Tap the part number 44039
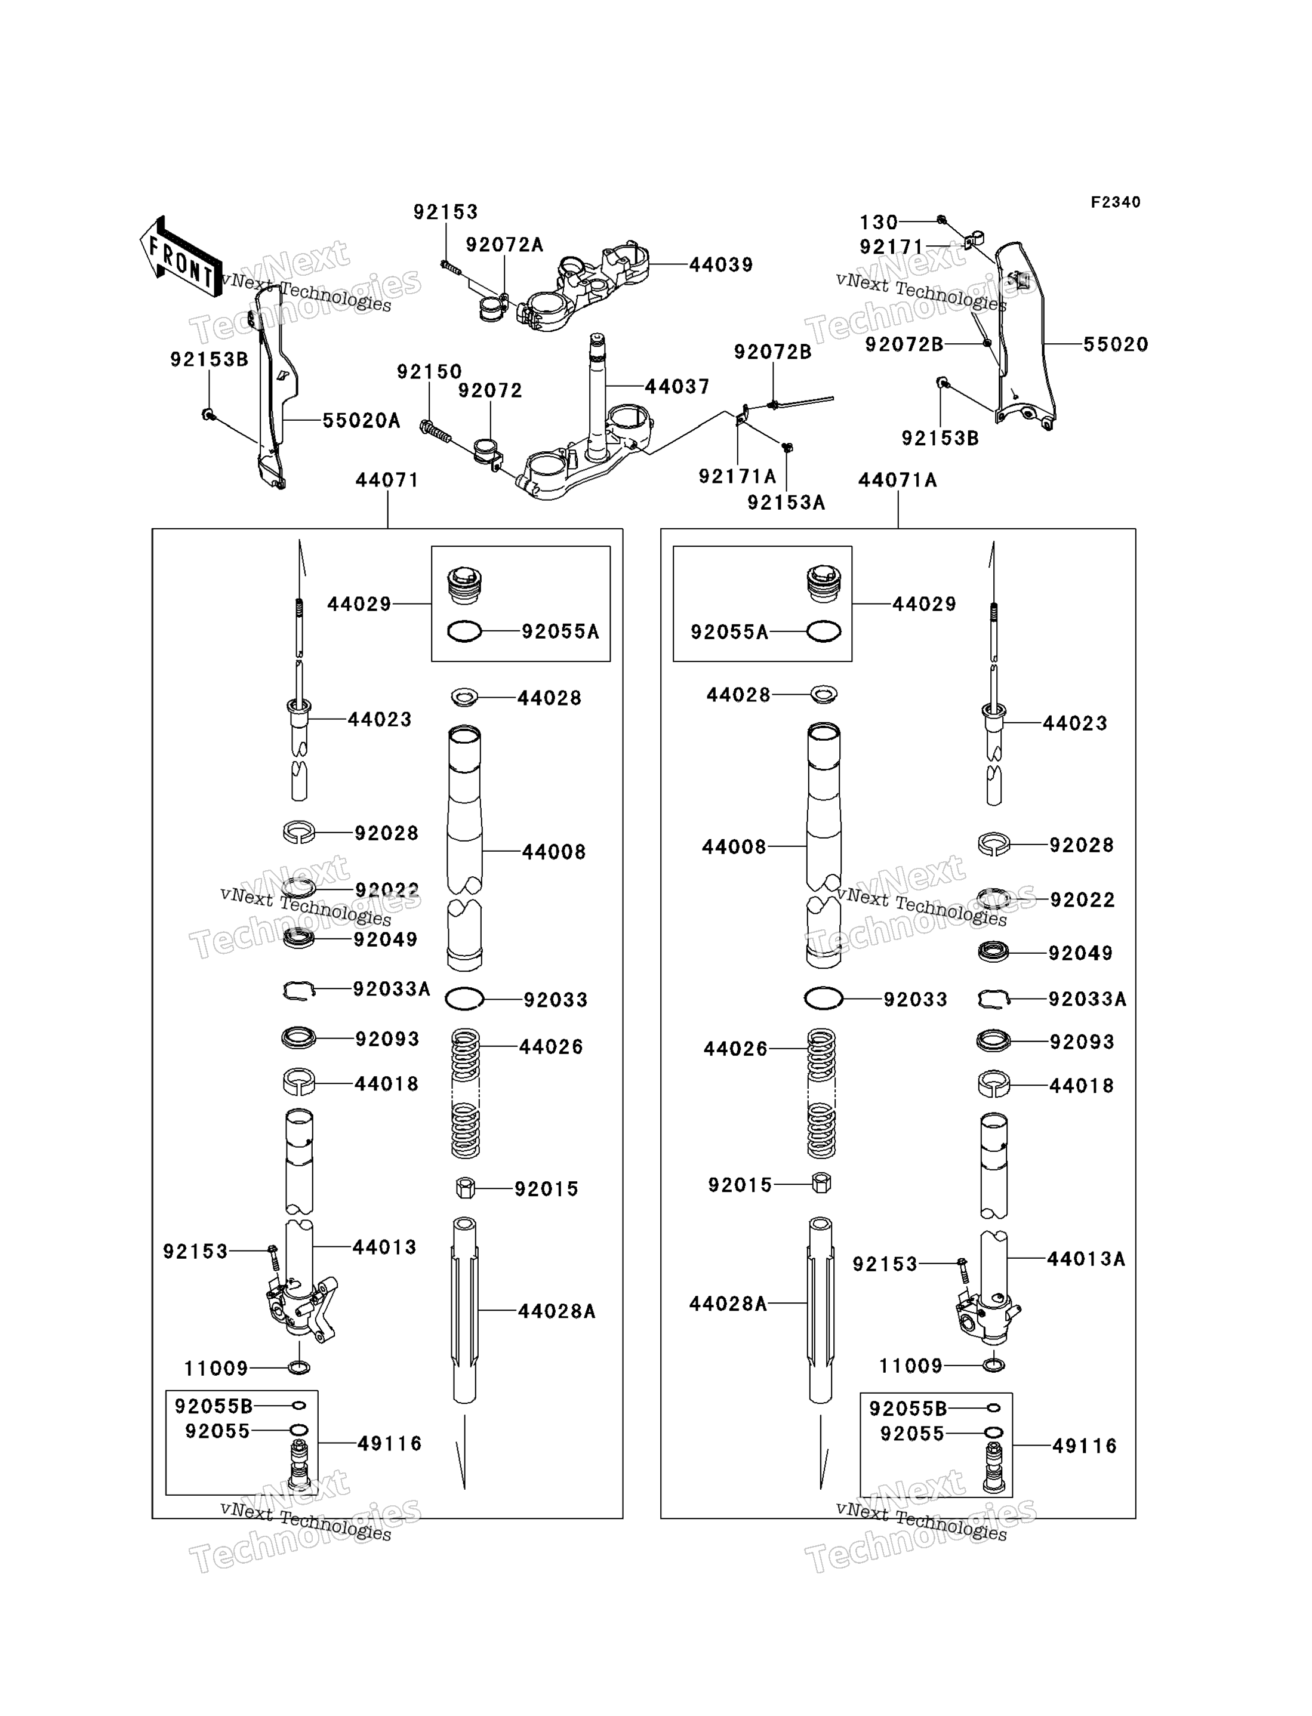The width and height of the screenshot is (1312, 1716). (721, 264)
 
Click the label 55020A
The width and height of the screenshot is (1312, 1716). (362, 421)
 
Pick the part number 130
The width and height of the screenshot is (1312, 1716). (879, 223)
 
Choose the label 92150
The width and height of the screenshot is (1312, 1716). (430, 372)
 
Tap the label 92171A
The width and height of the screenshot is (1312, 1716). (737, 476)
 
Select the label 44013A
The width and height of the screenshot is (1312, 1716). (1086, 1259)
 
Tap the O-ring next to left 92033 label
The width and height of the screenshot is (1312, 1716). (464, 998)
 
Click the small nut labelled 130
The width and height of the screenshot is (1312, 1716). (941, 220)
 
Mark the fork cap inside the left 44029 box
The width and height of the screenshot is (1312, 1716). (464, 586)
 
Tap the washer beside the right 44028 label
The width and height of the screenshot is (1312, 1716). (824, 694)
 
